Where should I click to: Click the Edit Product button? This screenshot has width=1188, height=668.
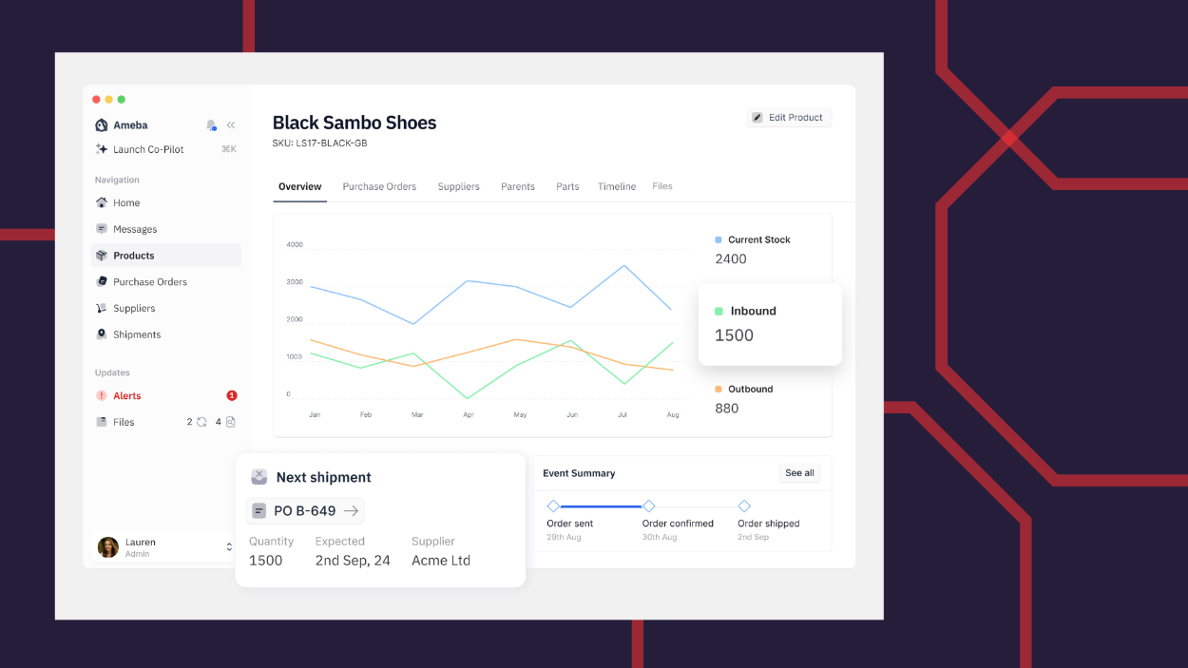pos(789,118)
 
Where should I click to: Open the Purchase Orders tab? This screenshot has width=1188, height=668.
pos(379,186)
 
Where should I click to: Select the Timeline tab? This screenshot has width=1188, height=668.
pos(617,186)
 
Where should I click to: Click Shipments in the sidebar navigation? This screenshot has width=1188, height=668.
pos(137,334)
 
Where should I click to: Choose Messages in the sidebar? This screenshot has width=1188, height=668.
pos(135,229)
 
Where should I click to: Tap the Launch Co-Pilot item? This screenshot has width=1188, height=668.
pos(148,149)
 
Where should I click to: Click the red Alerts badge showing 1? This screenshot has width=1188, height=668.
pos(232,395)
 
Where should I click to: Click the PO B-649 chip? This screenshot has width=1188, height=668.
pos(305,511)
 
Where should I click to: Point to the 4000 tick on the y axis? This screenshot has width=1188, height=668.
pos(295,244)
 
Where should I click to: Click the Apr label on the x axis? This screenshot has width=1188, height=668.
pos(469,415)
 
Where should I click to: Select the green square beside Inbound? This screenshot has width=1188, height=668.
pos(719,312)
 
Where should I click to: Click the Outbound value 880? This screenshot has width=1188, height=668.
pos(727,409)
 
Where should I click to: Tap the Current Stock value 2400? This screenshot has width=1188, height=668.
pos(731,258)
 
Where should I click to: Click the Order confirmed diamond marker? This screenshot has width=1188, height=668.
pos(649,506)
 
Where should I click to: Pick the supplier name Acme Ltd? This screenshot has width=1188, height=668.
pos(441,561)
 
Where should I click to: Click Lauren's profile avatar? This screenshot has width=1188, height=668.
pos(108,547)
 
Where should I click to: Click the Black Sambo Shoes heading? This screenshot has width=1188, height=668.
pos(354,123)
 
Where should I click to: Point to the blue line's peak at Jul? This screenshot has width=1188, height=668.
pos(623,265)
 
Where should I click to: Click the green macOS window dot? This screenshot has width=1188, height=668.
pos(122,100)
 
